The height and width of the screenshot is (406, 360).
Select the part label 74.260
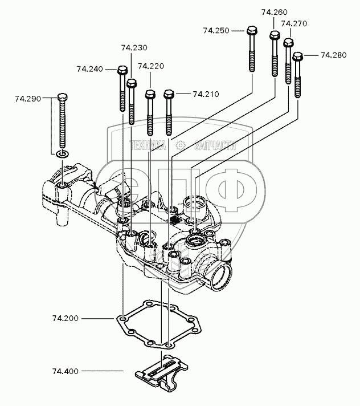[x=274, y=12]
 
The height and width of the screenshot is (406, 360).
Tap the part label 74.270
[x=294, y=24]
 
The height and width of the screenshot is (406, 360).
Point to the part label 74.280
[x=333, y=55]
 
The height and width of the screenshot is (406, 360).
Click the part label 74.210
[x=206, y=94]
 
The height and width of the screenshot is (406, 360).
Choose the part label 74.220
[x=151, y=67]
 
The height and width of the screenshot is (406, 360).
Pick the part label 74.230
[x=134, y=47]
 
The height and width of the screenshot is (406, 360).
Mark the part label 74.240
[x=90, y=70]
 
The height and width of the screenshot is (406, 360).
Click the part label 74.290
[x=28, y=99]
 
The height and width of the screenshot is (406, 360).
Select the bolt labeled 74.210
[x=168, y=108]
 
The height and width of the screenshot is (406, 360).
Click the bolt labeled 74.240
[x=122, y=88]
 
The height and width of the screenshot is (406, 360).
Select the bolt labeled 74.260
[x=274, y=54]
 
